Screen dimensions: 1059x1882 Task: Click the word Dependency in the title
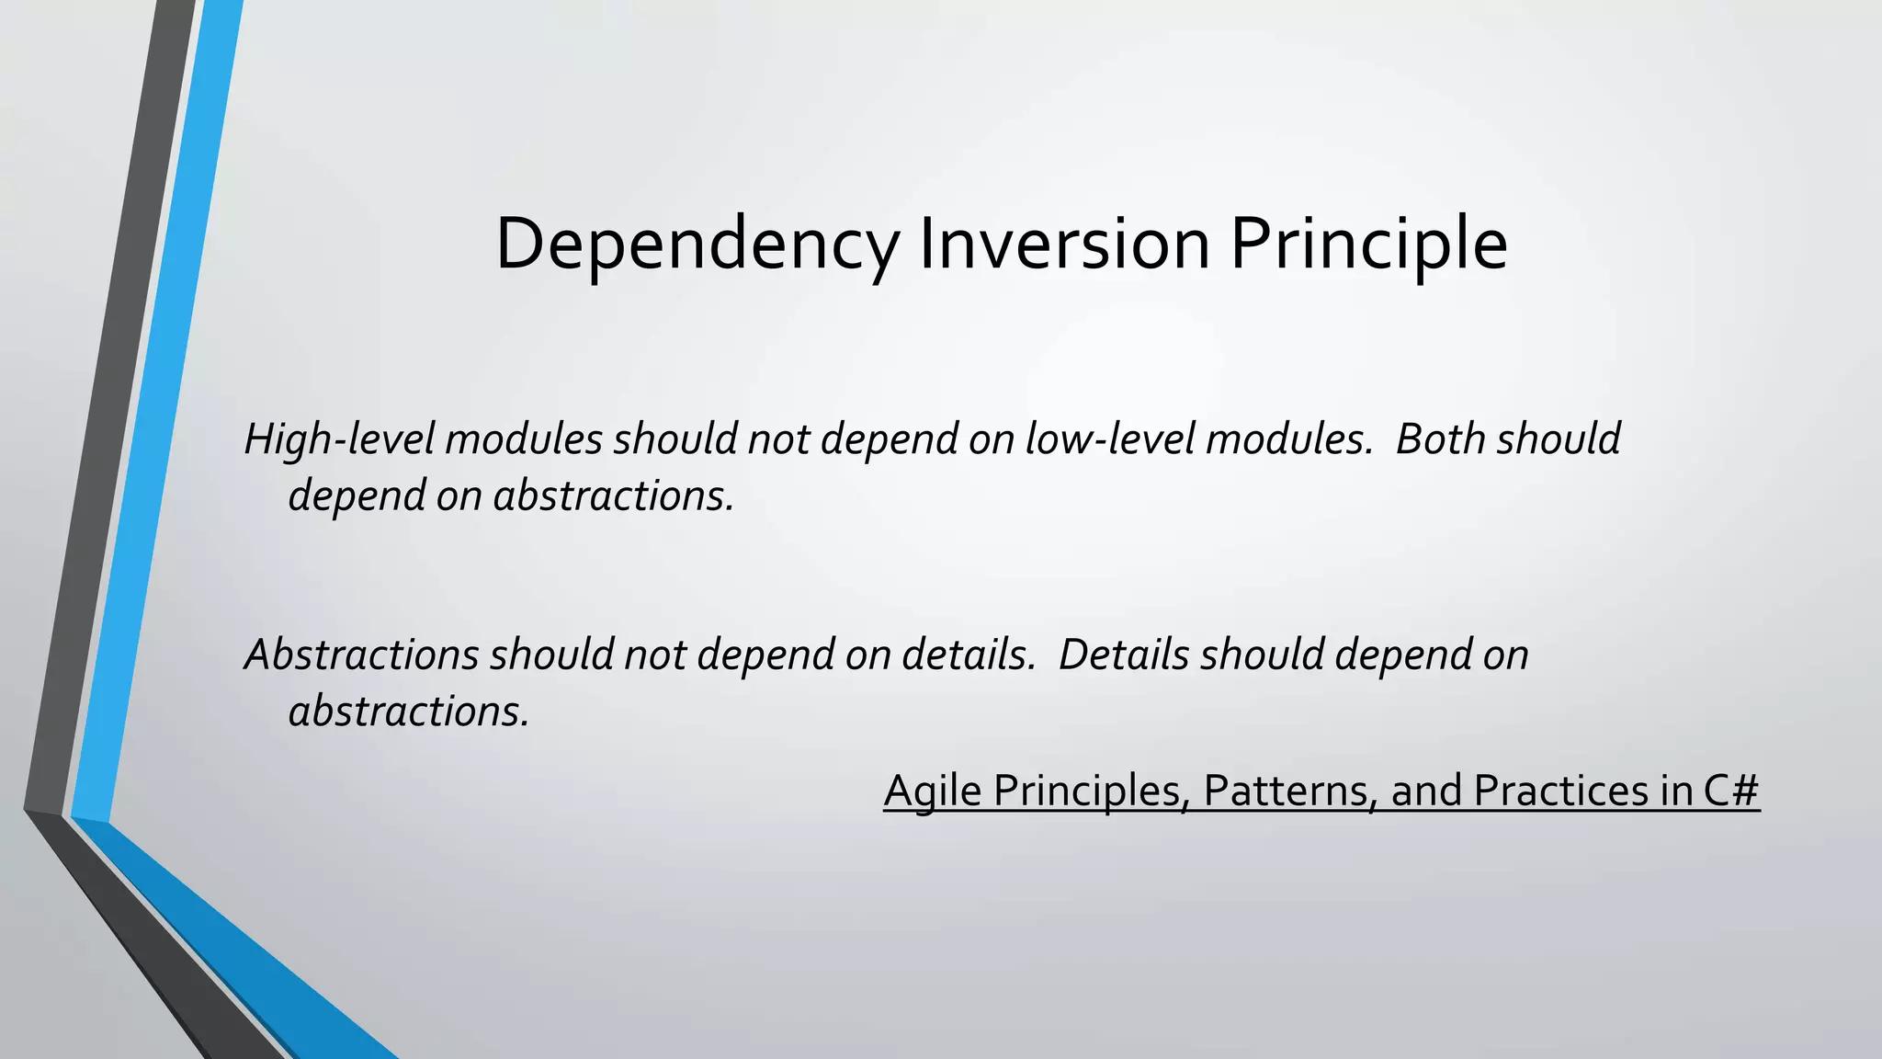click(697, 245)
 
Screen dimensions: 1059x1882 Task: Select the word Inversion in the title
click(1064, 245)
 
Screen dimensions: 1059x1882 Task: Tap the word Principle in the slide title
click(1368, 245)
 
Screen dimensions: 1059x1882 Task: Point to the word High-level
click(338, 439)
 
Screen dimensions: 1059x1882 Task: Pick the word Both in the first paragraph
click(1440, 439)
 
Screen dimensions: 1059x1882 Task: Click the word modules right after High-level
click(524, 439)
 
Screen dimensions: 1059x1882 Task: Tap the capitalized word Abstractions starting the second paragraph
click(361, 655)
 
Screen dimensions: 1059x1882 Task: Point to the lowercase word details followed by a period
click(968, 655)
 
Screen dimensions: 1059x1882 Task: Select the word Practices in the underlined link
click(1561, 791)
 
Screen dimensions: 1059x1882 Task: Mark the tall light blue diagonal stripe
click(156, 414)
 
